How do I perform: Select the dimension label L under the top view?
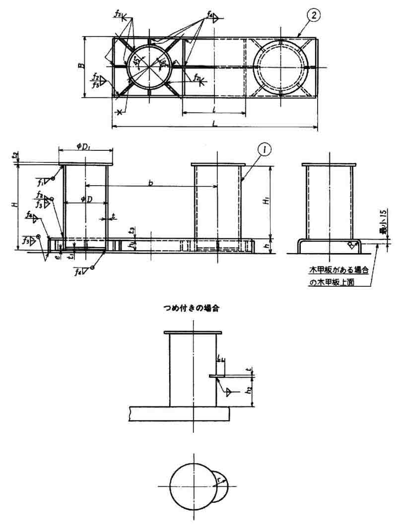click(213, 122)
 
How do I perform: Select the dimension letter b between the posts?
click(150, 183)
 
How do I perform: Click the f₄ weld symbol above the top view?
click(210, 17)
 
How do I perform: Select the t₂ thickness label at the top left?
click(15, 156)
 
